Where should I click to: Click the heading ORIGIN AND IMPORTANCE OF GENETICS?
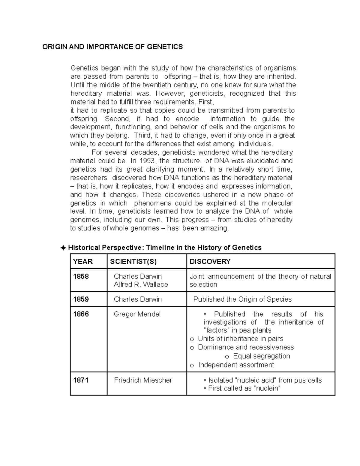click(x=112, y=47)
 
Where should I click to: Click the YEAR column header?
click(x=83, y=262)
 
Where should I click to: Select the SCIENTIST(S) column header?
click(x=133, y=262)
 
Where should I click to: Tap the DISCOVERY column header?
click(x=210, y=262)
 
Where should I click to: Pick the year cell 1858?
click(x=81, y=276)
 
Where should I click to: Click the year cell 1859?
click(x=81, y=299)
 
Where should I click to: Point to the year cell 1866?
click(x=81, y=314)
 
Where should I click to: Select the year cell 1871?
click(x=81, y=380)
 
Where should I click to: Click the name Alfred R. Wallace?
click(x=141, y=284)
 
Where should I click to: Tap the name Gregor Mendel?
click(x=137, y=314)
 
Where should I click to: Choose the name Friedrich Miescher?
click(x=143, y=380)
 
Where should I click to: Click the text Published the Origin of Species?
click(x=242, y=299)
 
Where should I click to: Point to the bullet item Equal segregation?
click(x=261, y=356)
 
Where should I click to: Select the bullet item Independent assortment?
click(x=236, y=365)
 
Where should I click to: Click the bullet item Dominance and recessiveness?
click(x=246, y=347)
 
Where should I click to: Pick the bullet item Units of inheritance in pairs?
click(x=240, y=339)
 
